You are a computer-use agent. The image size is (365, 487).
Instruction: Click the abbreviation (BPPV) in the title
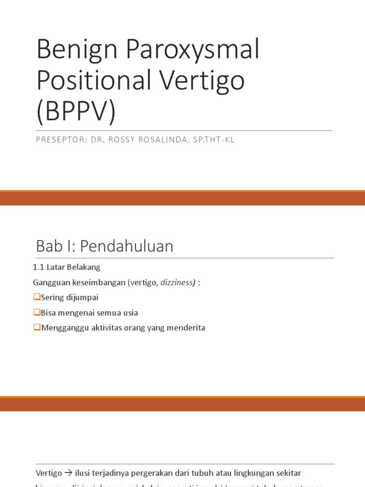[x=76, y=112]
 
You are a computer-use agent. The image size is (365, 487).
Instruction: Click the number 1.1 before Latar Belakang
[x=38, y=268]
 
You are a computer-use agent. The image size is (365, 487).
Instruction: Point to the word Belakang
[x=84, y=268]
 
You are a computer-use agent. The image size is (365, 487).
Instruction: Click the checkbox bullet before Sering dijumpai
[x=37, y=298]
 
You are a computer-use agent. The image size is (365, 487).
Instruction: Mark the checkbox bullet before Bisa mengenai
[x=37, y=313]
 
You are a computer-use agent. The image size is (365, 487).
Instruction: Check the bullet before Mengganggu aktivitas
[x=37, y=328]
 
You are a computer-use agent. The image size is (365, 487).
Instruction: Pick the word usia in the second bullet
[x=129, y=313]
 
